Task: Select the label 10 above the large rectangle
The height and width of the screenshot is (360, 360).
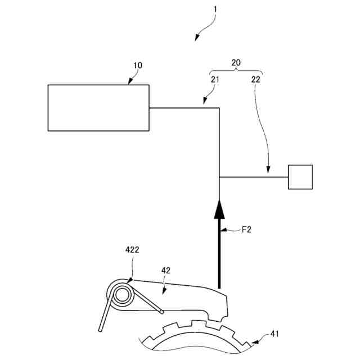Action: pos(137,66)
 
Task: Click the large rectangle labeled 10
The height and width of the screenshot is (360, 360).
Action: pos(98,107)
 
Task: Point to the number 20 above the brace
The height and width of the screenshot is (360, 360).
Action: pos(237,63)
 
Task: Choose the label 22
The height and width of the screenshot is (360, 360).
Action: pos(256,80)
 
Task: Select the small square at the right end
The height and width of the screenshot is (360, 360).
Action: pos(300,177)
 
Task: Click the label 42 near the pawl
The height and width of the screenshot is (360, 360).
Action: pos(166,270)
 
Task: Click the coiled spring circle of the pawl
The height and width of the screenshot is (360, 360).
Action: pos(122,295)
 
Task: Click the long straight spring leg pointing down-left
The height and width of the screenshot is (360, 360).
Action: pos(104,317)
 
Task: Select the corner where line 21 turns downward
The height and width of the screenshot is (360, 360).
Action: pos(219,107)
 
